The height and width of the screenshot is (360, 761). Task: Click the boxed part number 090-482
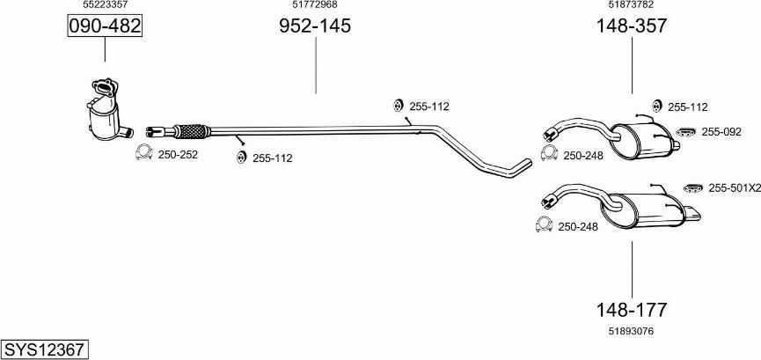coord(105,26)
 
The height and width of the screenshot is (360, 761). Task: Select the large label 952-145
coord(314,26)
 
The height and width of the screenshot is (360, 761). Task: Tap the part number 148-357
coord(632,26)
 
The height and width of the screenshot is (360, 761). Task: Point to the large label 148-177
coord(632,309)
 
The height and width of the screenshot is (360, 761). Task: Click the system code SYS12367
coord(44,349)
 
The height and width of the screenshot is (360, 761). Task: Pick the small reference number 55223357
coord(106,5)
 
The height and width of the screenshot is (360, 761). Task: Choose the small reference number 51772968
coord(315,5)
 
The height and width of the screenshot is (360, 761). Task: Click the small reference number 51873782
coord(631,5)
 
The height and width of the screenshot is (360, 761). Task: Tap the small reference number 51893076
coord(631,331)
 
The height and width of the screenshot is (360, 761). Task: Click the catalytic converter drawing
coord(107,111)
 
